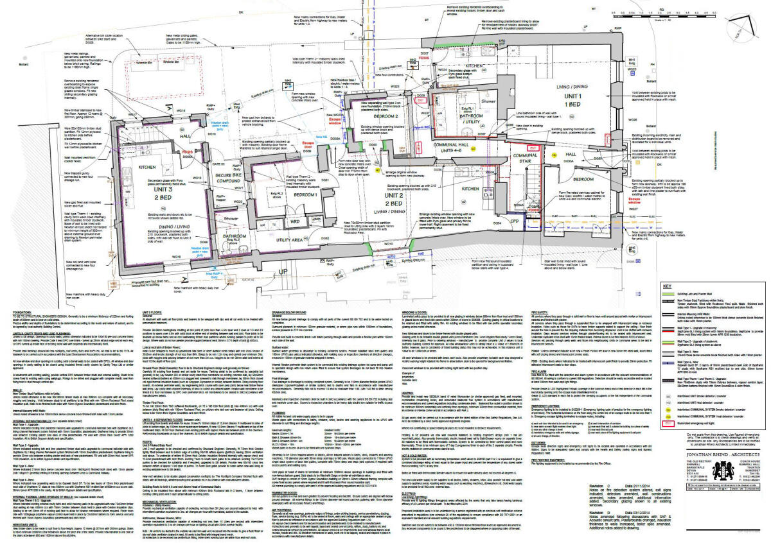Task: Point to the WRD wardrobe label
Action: [x=296, y=222]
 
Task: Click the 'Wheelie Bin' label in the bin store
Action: [x=144, y=64]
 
